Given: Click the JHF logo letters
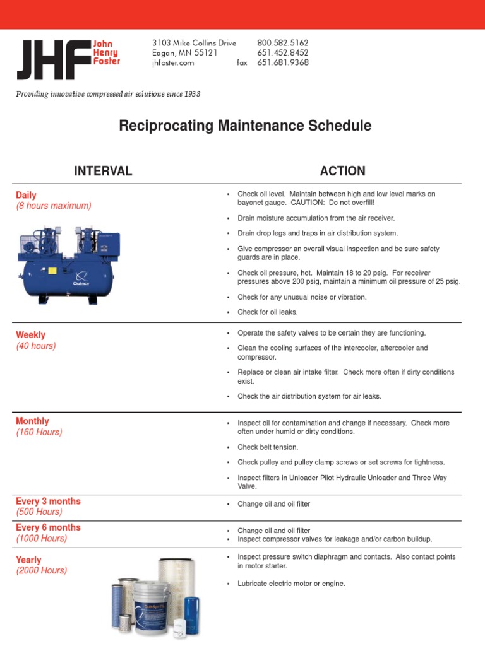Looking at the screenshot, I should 54,60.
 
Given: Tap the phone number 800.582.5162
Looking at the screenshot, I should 282,43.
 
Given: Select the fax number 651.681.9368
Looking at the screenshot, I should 282,62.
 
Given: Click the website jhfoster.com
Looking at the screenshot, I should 173,62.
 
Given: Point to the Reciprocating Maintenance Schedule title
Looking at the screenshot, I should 245,126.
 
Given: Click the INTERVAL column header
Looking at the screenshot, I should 103,171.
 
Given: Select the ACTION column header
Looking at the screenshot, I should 342,171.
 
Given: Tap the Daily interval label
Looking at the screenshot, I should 26,196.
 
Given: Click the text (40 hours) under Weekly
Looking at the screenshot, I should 36,346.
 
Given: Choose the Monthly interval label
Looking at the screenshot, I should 32,421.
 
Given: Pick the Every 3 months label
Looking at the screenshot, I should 48,501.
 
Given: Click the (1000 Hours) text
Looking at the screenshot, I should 41,538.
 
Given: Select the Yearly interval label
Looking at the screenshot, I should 28,560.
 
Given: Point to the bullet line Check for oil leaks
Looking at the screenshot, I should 267,312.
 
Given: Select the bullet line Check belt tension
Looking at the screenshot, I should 268,447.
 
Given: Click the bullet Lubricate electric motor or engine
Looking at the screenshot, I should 291,584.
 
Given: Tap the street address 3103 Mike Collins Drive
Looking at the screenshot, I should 194,43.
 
